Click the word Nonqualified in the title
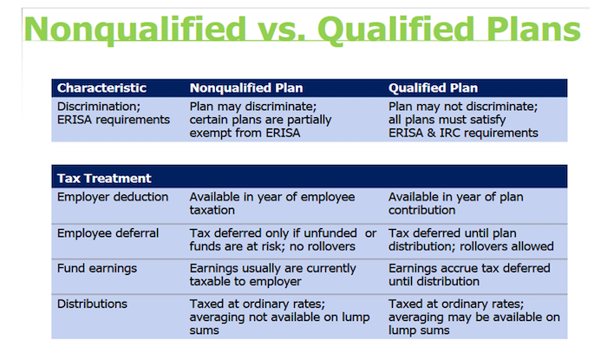pos(135,30)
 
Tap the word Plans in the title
pos(533,29)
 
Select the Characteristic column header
pos(101,88)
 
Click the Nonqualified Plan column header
pos(246,88)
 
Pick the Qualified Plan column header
pos(434,88)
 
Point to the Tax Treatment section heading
pos(104,178)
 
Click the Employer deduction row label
pos(113,197)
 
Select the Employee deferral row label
pos(108,233)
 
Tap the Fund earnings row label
pos(97,268)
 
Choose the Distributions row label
pos(92,304)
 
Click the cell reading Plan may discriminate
pos(260,120)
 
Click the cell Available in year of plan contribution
pos(455,203)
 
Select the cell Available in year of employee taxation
pos(272,203)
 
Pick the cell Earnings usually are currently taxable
pos(272,275)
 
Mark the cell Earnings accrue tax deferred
pos(469,275)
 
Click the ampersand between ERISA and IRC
pos(431,133)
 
